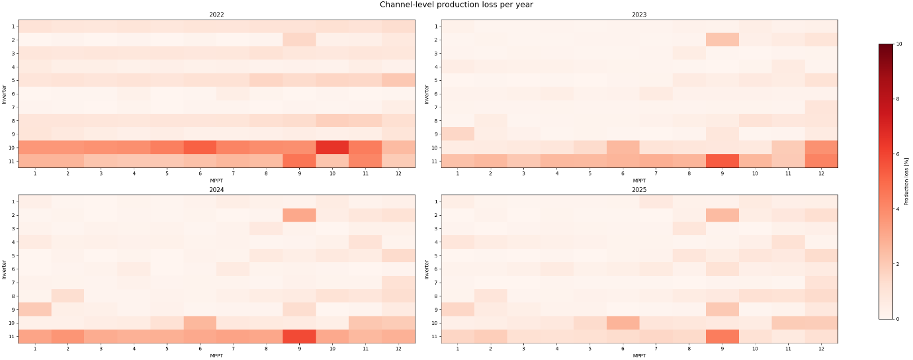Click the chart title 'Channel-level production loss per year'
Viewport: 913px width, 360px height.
(456, 5)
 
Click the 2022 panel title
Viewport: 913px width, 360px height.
(216, 15)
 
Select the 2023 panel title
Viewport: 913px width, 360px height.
(639, 15)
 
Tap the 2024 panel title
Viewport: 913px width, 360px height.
(216, 190)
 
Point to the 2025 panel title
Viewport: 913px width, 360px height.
(639, 190)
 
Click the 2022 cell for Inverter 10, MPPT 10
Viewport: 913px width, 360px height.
(332, 147)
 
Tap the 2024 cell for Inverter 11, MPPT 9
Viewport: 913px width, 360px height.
(299, 336)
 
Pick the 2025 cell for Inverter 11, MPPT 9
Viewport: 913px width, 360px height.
(722, 336)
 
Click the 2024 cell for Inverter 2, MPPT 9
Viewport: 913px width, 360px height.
(299, 215)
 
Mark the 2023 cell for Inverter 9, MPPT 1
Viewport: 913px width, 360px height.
(458, 134)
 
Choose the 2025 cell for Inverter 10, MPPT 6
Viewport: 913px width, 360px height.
(623, 323)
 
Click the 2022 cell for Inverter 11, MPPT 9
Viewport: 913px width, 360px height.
(299, 161)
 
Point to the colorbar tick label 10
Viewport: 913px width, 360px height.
(899, 44)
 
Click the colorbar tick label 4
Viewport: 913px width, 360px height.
(898, 209)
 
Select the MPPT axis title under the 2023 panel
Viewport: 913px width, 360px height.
(639, 180)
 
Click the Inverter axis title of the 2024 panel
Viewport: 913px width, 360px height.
(5, 269)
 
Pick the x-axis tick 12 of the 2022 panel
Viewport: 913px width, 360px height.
(398, 173)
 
